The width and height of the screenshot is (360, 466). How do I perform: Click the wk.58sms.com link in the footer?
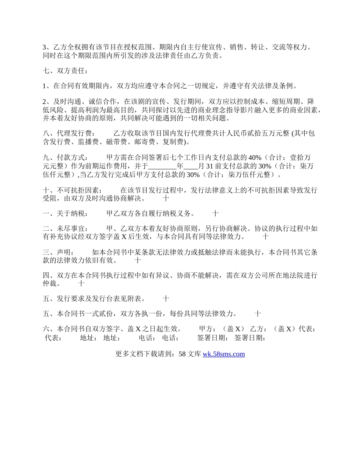(x=224, y=354)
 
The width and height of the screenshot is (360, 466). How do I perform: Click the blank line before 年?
(x=163, y=166)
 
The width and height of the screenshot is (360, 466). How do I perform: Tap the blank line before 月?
(x=191, y=166)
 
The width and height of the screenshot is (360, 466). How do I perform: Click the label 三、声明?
(x=59, y=252)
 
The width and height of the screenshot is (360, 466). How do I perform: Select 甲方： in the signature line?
(x=207, y=329)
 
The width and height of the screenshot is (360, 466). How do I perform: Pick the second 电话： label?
(x=171, y=338)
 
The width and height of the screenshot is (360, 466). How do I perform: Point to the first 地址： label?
(x=88, y=338)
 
